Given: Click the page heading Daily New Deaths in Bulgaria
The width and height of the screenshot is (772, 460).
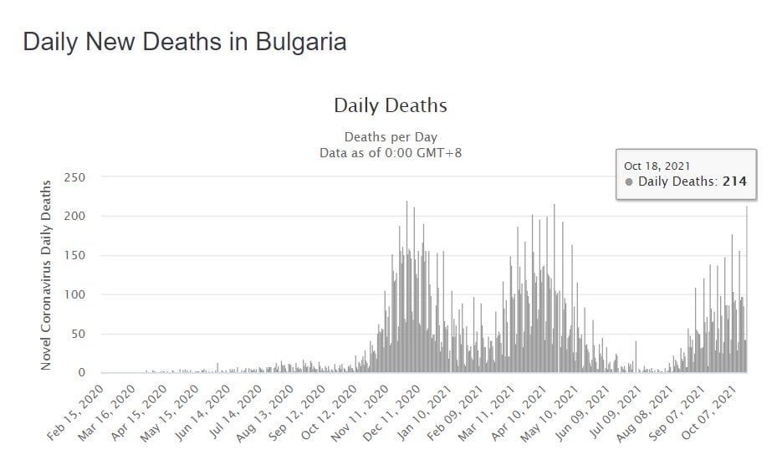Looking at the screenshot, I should [185, 42].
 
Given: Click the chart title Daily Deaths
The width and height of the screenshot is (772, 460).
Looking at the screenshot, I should [390, 106].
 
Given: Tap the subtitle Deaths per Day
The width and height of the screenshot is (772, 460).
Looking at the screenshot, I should [390, 137].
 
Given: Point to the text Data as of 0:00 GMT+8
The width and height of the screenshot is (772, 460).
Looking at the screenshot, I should [390, 152].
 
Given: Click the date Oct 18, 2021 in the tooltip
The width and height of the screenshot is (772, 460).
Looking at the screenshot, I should [657, 166].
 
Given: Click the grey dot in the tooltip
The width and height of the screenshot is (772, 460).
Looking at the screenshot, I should [629, 181].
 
